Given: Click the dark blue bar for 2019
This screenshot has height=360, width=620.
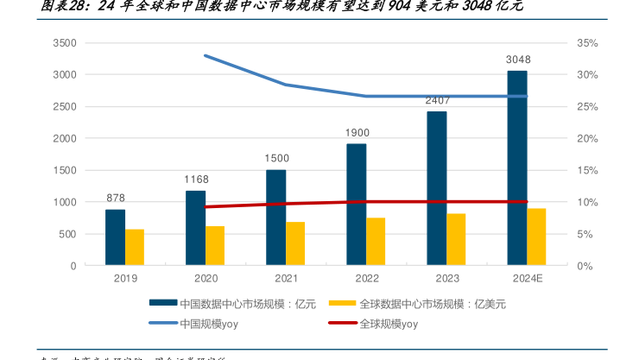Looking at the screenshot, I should (115, 237).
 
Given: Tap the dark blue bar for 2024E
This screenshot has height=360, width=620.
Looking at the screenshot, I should (516, 168).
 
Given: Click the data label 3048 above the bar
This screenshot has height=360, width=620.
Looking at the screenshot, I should (518, 60).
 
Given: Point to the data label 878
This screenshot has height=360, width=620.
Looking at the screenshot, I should (116, 198).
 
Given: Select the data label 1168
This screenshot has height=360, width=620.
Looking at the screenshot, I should (196, 180).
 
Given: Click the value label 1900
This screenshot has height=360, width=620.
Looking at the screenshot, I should (357, 133).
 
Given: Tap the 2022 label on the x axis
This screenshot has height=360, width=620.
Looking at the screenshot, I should (366, 279).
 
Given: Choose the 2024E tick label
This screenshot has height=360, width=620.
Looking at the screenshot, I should (527, 279).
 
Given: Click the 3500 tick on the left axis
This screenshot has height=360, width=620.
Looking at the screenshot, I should (65, 43).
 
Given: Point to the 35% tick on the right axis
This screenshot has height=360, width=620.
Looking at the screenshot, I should (588, 43).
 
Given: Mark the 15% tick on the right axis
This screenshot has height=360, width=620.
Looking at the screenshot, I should (588, 170).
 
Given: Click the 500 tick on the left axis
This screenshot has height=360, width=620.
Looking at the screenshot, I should (68, 234).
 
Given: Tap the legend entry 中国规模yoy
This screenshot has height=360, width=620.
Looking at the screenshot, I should (208, 324).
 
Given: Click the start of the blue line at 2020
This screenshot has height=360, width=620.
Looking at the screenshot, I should (205, 55).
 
